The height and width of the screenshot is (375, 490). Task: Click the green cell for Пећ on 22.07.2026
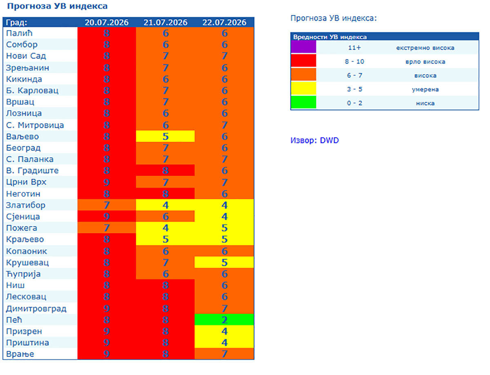click(x=224, y=319)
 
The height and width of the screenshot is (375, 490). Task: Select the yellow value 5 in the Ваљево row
click(x=165, y=136)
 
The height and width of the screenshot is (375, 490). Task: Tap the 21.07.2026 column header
click(x=165, y=22)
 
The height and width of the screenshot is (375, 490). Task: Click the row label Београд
click(x=23, y=148)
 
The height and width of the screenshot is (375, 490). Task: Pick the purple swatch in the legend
click(x=303, y=47)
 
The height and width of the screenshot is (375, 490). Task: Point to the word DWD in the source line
click(x=329, y=140)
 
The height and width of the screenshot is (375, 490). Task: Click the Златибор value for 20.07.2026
click(x=107, y=205)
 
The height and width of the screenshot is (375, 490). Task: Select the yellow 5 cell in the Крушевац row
click(x=224, y=262)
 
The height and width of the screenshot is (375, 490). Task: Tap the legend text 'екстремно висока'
click(x=425, y=48)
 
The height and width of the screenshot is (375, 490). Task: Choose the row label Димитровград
click(x=36, y=309)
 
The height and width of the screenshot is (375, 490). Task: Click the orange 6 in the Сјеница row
click(x=165, y=216)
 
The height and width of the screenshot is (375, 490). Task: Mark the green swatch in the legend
click(x=303, y=102)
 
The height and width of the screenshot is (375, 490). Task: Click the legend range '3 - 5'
click(x=354, y=89)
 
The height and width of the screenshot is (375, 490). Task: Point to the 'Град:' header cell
click(x=16, y=22)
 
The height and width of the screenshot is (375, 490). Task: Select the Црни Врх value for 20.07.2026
click(x=107, y=182)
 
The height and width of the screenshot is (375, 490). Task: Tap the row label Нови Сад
click(x=26, y=56)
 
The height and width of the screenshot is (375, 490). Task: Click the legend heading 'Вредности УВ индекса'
click(x=330, y=37)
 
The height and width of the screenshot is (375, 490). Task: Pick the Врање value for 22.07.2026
click(x=224, y=354)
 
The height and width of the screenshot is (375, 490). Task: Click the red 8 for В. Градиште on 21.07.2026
click(x=165, y=170)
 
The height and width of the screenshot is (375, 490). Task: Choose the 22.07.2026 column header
click(x=224, y=22)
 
